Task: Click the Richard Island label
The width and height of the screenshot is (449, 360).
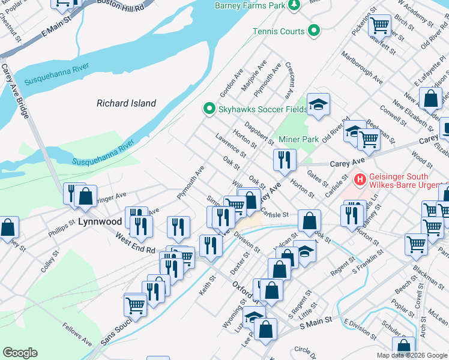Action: (126, 103)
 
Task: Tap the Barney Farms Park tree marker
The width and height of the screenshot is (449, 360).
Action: (294, 6)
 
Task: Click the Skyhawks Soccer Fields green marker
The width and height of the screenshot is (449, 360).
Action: (209, 109)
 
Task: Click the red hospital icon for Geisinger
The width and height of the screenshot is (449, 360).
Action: (360, 179)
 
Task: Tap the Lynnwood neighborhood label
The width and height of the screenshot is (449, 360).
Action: (100, 221)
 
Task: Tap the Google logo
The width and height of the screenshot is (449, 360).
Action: (20, 353)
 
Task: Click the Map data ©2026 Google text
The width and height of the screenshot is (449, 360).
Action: (412, 355)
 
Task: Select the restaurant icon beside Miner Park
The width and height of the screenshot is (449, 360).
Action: (284, 160)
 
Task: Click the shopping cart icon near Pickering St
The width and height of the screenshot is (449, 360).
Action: (379, 25)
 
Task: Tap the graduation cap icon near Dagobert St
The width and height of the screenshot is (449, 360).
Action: (319, 104)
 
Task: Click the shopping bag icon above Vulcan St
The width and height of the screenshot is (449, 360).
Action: (309, 220)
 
